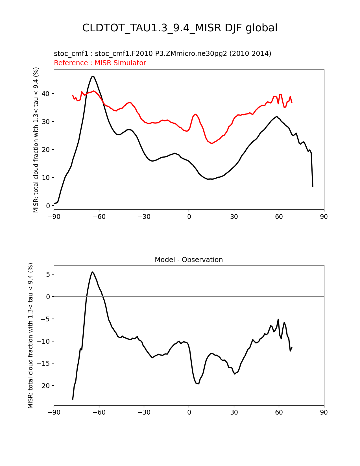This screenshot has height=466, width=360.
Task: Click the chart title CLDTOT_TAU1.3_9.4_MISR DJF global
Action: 180,28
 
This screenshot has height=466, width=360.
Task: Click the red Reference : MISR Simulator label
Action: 100,63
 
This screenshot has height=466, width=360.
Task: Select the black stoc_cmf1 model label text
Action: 162,54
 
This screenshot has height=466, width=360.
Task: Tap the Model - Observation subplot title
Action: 189,260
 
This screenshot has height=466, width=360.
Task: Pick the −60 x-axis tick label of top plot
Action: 99,217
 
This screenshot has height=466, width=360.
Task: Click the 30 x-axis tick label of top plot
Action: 234,217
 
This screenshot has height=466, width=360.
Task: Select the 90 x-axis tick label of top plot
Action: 324,217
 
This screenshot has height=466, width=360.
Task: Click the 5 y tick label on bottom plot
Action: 48,275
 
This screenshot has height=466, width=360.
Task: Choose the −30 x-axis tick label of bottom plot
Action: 144,412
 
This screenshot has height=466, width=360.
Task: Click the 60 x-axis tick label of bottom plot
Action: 279,412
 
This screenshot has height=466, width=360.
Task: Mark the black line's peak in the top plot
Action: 93,76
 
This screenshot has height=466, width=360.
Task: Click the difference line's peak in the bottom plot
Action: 92,272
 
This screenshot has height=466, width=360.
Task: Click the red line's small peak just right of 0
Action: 195,114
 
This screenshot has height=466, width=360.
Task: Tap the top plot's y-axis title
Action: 36,140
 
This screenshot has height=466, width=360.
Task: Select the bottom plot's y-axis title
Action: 30,336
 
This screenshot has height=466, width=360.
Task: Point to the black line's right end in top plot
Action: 313,187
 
